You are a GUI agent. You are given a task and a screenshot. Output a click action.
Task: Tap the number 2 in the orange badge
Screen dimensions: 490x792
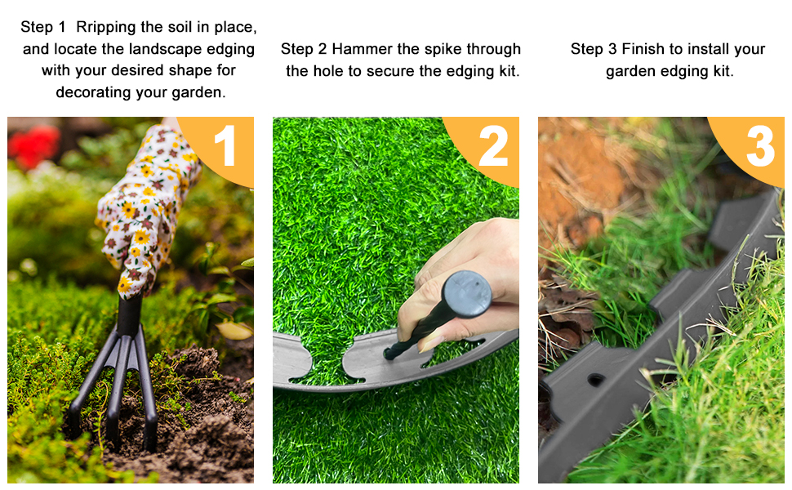[492, 147]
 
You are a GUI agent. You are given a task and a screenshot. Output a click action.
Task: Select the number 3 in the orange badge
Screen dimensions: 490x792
[759, 147]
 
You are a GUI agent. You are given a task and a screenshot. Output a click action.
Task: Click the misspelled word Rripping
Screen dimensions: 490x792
[103, 28]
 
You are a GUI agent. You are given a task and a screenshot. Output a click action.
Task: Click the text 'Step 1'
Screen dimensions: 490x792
[42, 28]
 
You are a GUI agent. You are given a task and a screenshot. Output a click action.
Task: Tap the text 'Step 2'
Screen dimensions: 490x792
[303, 49]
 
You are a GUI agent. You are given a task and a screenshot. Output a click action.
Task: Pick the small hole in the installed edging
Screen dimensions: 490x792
[596, 380]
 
